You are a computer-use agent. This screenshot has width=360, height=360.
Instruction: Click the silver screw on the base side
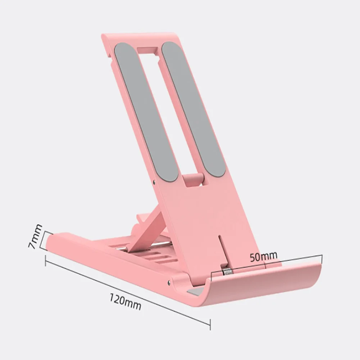(168, 283)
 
